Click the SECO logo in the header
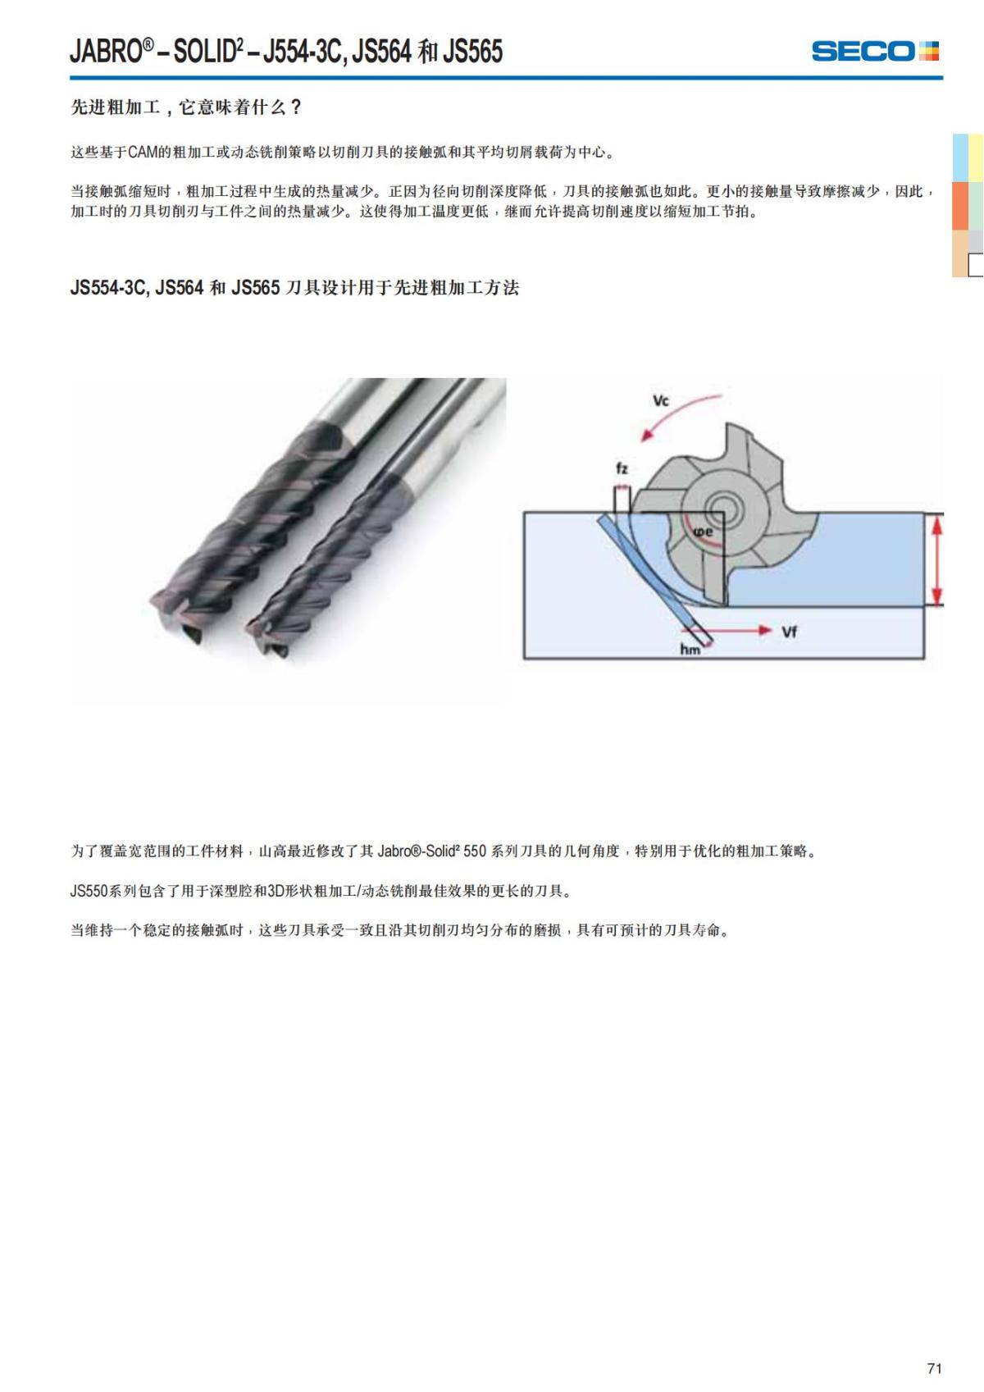pyautogui.click(x=874, y=51)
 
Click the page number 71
pyautogui.click(x=934, y=1368)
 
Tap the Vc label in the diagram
pyautogui.click(x=660, y=401)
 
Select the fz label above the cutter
pyautogui.click(x=622, y=468)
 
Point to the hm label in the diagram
pyautogui.click(x=690, y=650)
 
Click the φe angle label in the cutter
pyautogui.click(x=704, y=532)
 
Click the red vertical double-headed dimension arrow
pyautogui.click(x=936, y=559)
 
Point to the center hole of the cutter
pyautogui.click(x=723, y=504)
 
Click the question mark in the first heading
pyautogui.click(x=297, y=107)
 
